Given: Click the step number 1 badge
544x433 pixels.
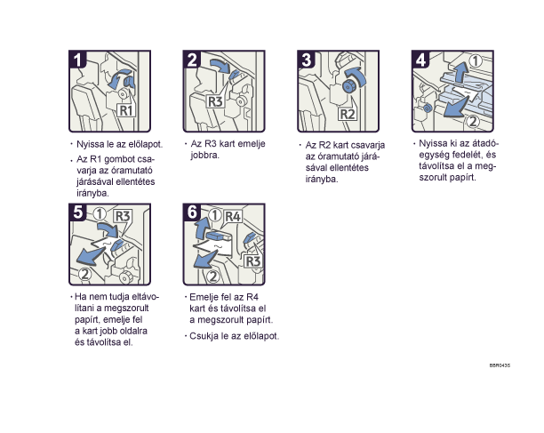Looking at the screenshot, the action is point(77,60).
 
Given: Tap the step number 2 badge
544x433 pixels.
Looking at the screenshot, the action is point(192,60).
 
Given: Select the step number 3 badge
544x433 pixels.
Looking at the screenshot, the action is point(307,60).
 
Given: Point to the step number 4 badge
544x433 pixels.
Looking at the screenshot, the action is point(420,60).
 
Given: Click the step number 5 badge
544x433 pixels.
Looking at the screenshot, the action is point(77,212).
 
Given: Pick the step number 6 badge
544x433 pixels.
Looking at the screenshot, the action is point(192,212).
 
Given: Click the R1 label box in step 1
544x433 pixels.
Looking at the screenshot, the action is point(125,110).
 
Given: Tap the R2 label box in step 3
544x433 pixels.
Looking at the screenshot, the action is point(348,114).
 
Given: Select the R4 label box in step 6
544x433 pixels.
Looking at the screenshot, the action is point(233,217).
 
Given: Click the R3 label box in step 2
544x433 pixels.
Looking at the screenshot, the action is point(215,101).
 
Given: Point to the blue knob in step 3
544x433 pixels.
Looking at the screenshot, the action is point(348,86).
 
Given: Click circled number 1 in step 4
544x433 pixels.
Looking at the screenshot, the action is point(476,60).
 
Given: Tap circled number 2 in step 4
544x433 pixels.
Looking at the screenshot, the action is point(473,121).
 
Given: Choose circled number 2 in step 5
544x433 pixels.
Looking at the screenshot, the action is point(85,274).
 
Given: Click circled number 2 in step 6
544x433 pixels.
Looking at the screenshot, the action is point(213,277).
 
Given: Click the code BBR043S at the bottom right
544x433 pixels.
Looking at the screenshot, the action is point(500,365).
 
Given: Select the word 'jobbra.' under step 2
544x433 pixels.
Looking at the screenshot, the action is point(204,155).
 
